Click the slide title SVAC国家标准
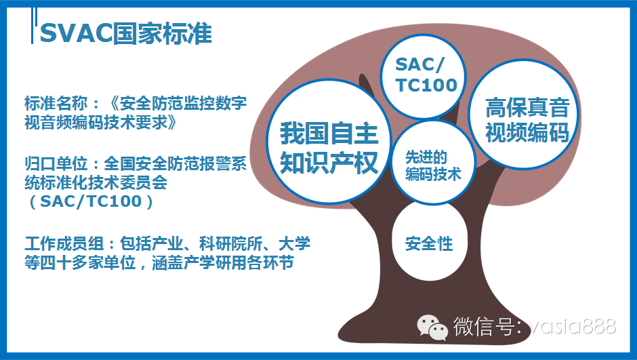pos(126,33)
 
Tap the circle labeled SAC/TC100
pos(423,76)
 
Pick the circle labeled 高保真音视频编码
pos(524,114)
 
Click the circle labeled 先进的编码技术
pos(433,162)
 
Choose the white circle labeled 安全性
pos(430,243)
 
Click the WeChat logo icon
pos(432,327)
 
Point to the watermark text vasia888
pos(573,326)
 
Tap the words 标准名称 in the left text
pos(56,103)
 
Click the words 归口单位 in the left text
pos(56,163)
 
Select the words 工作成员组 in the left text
pos(64,243)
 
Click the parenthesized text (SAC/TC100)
pos(91,201)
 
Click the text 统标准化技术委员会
pos(96,182)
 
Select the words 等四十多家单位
pos(80,262)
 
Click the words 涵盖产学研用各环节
pos(223,262)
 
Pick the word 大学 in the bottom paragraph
pos(294,243)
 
